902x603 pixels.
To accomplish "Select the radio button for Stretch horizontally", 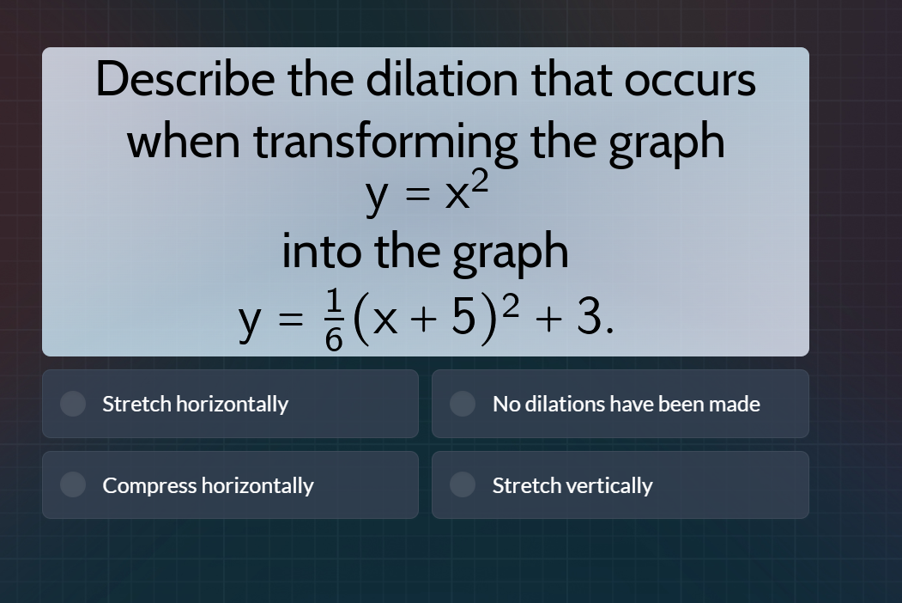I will pos(73,404).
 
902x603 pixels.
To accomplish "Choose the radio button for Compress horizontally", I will pos(73,485).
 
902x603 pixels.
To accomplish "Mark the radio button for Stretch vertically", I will pos(463,485).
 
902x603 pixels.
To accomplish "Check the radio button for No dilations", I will pos(463,404).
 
